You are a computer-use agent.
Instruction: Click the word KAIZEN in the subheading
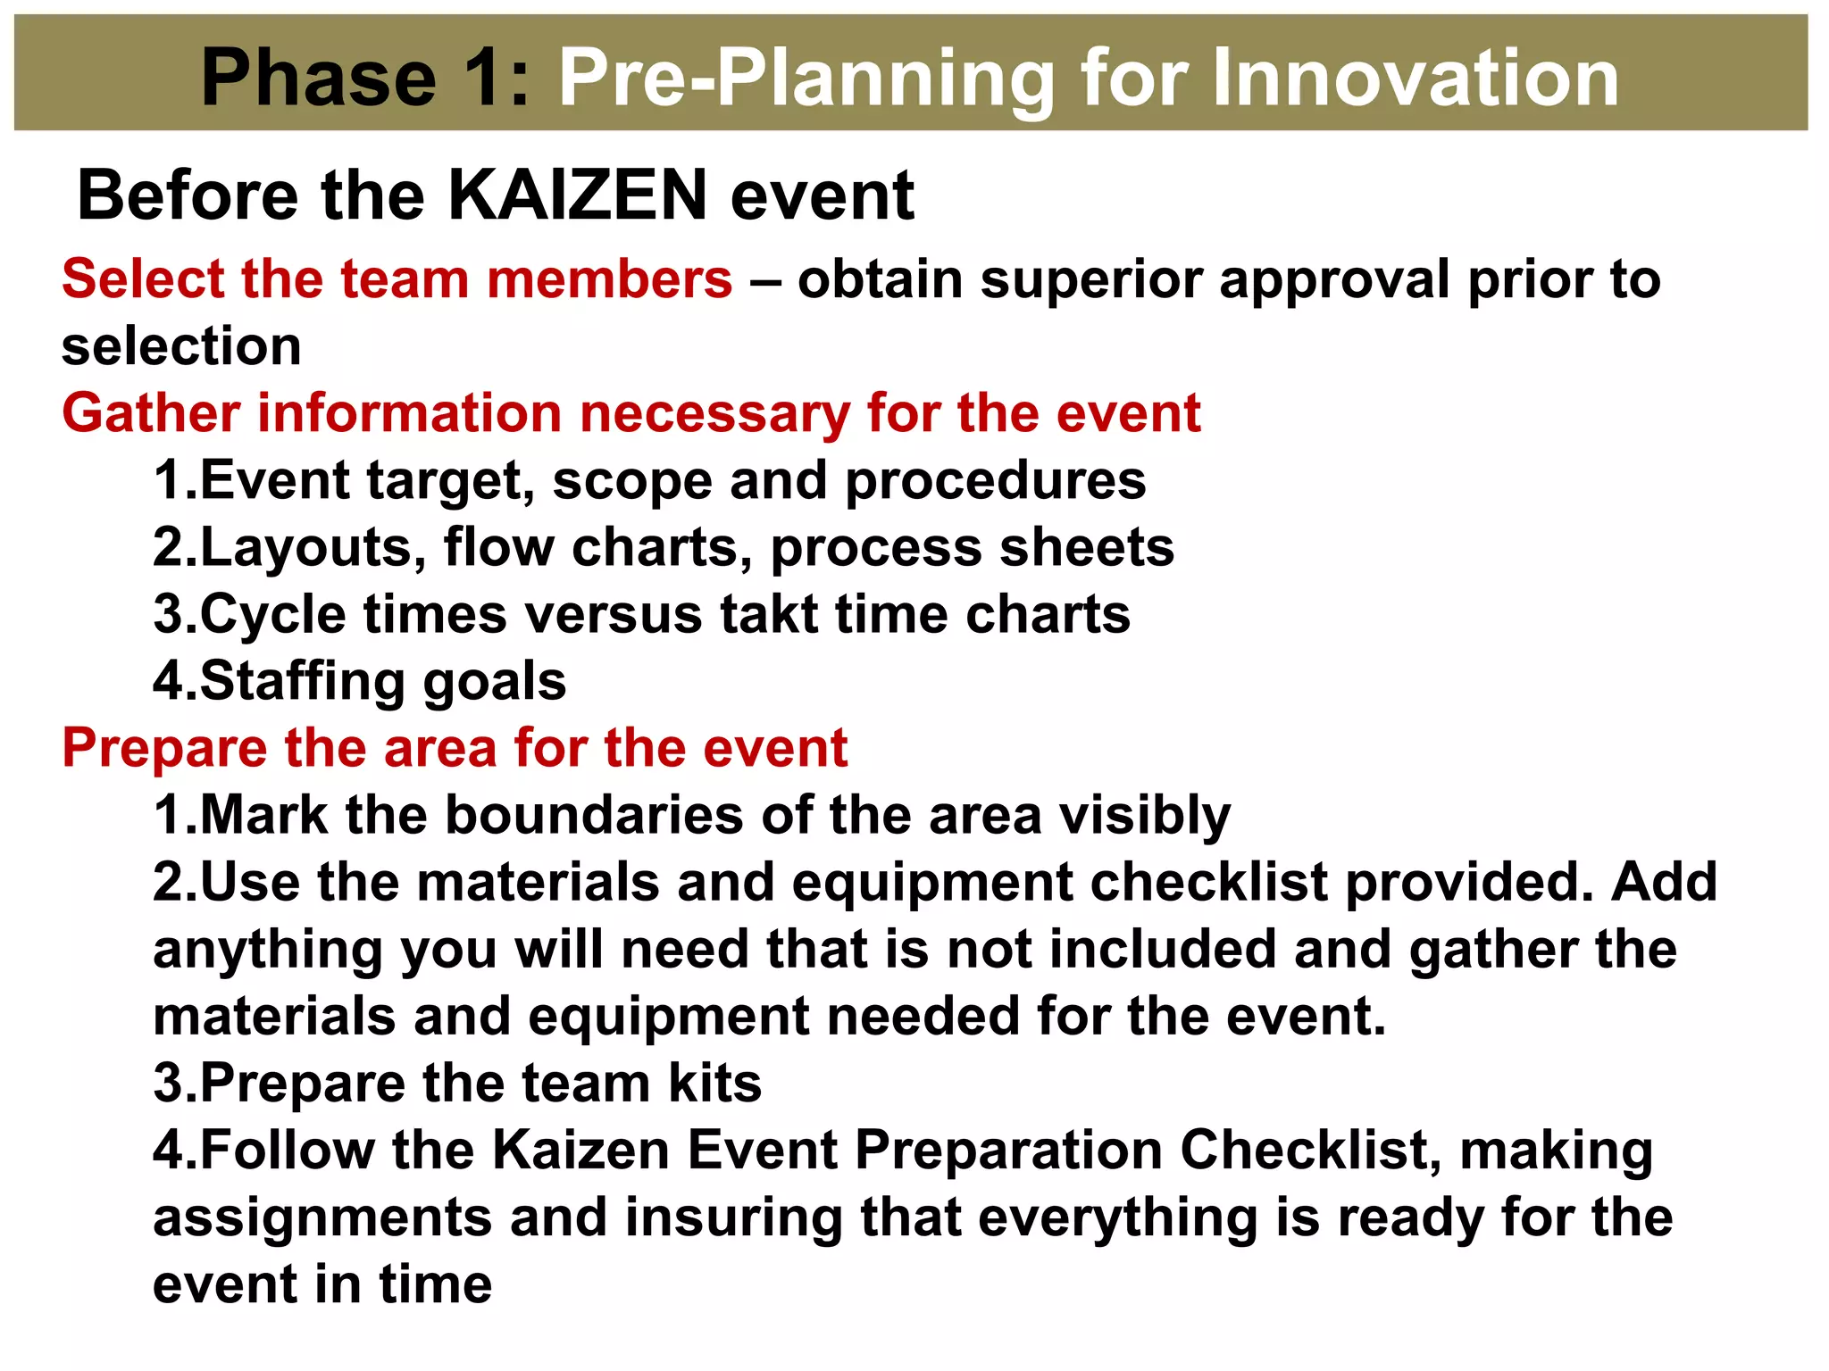pos(577,195)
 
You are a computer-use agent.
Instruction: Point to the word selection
pos(181,346)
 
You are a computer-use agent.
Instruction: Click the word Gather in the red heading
pos(151,413)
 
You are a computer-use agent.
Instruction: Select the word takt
pos(769,615)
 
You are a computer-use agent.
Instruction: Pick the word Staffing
pos(304,682)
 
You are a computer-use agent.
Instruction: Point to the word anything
pos(269,950)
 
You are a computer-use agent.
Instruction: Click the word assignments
pos(322,1217)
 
